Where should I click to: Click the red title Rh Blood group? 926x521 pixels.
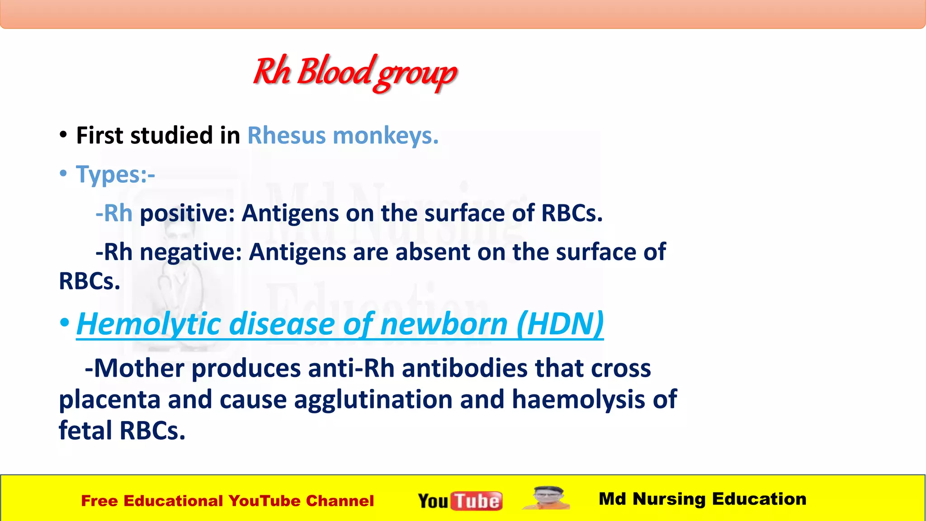coord(355,72)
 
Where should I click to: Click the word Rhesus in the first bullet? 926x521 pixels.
coord(286,136)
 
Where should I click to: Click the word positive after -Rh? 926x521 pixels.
coord(187,213)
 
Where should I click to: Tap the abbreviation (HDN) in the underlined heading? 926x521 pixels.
coord(560,324)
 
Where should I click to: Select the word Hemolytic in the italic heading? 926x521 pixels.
coord(149,324)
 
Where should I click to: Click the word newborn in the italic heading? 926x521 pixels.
coord(444,324)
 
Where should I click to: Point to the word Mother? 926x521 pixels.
coord(139,368)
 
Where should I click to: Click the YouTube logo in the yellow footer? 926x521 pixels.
coord(460,501)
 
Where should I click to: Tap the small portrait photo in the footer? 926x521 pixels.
coord(547,498)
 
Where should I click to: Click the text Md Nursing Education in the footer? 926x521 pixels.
coord(702,499)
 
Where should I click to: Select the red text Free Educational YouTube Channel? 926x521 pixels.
coord(227,501)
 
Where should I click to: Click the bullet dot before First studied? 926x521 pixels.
coord(63,135)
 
